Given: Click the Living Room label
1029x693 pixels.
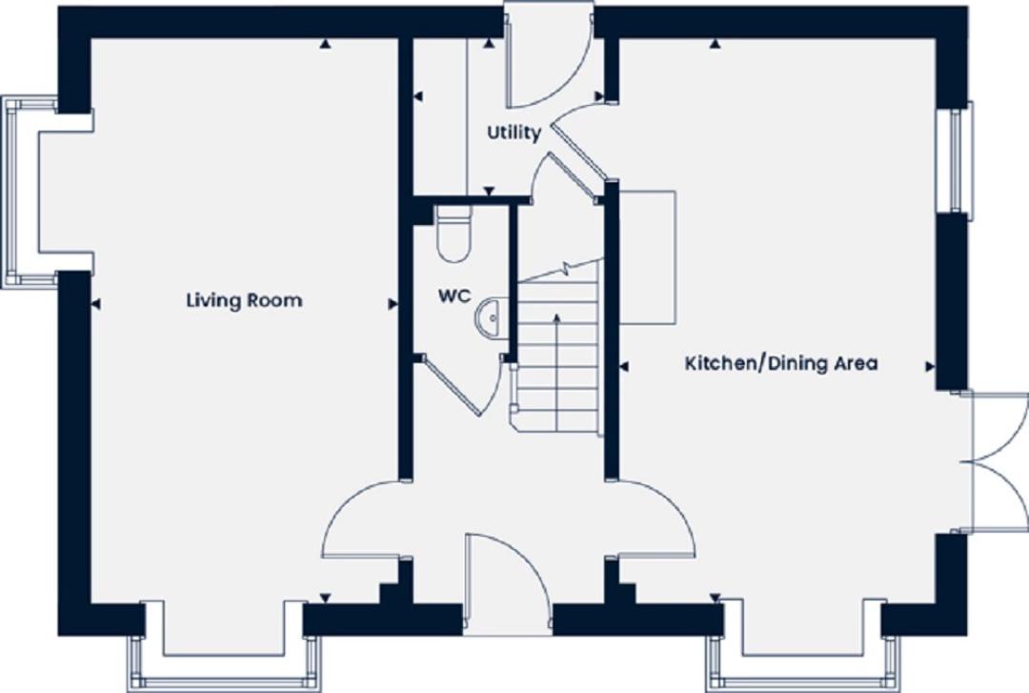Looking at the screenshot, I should point(244,300).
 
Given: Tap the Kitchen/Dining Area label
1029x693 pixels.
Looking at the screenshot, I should point(781,363).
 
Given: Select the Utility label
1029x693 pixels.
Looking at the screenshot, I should point(514,132).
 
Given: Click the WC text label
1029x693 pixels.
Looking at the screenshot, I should point(454,296).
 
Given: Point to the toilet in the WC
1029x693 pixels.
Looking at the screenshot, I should point(453,234).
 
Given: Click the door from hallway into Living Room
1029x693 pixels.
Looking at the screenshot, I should point(362,520).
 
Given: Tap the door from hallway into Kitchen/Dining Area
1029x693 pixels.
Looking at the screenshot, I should point(657,520).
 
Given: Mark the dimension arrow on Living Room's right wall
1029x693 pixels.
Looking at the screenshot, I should point(393,304).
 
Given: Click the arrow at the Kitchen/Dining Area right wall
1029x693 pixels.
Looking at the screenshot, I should point(929,365).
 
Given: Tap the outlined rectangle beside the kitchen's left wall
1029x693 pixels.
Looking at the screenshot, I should point(648,255).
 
